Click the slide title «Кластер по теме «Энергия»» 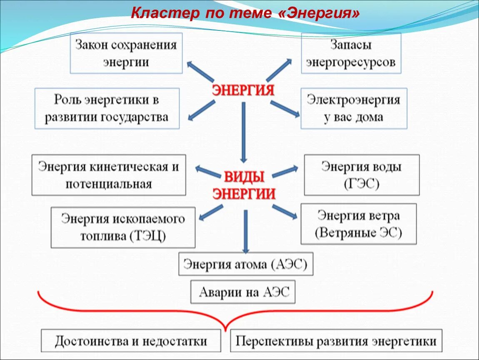tap(245, 14)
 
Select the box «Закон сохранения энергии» tap(126, 53)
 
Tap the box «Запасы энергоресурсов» tap(351, 53)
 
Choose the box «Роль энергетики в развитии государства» tap(107, 108)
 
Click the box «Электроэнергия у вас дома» tap(353, 108)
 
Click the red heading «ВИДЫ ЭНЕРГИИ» tap(244, 185)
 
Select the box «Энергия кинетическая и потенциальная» tap(109, 175)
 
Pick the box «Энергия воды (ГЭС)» tap(362, 175)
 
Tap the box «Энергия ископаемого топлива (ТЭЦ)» tap(123, 227)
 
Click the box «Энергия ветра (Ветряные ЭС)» tap(358, 224)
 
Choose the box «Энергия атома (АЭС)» tap(245, 264)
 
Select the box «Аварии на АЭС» tap(243, 292)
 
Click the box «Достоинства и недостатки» tap(131, 341)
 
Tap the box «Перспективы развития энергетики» tap(336, 341)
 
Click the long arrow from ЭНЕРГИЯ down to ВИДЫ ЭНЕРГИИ tap(244, 131)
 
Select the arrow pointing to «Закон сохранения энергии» tap(201, 71)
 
